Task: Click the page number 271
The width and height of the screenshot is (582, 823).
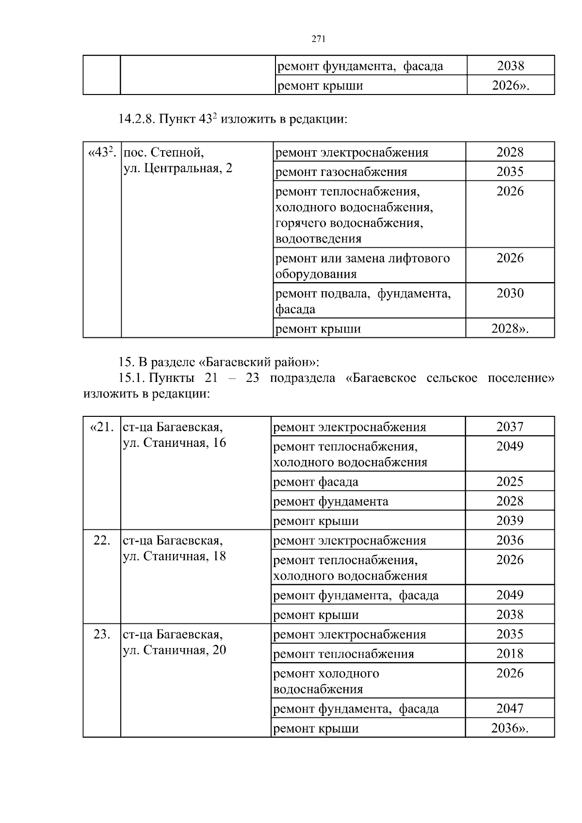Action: tap(318, 40)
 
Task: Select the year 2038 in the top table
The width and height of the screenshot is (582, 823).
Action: tap(510, 66)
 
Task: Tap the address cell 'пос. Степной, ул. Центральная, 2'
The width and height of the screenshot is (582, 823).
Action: tap(178, 160)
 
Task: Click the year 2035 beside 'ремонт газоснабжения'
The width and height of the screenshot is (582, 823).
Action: tap(510, 172)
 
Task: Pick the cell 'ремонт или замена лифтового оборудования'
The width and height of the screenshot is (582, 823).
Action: tap(362, 266)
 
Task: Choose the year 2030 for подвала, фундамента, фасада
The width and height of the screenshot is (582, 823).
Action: tap(510, 293)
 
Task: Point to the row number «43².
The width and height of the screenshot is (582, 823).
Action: tap(101, 153)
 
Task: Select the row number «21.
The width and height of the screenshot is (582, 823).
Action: tap(102, 427)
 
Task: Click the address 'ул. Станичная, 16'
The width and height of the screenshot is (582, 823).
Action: tap(175, 443)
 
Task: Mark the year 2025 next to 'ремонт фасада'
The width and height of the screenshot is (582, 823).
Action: tap(510, 481)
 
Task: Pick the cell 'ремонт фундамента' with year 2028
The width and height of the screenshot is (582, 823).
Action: tap(331, 501)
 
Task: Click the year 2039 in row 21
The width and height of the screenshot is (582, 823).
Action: tap(510, 521)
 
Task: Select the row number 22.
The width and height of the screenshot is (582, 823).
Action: tap(101, 540)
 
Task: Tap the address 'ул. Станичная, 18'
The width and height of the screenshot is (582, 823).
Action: tap(175, 556)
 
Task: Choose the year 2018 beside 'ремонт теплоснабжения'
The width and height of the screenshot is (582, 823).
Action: tap(510, 653)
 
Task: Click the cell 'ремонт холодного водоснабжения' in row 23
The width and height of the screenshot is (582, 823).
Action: tap(326, 681)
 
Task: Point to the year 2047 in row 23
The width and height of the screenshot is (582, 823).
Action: tap(510, 709)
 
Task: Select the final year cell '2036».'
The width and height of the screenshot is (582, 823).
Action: tap(509, 728)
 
